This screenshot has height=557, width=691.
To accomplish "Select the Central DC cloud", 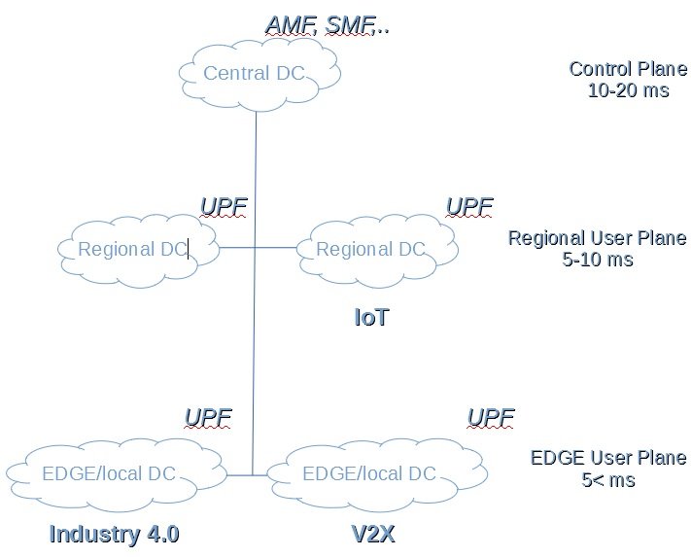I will click(x=255, y=74).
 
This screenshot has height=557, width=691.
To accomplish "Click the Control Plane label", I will click(x=628, y=70).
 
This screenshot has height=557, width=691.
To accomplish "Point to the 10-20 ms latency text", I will click(x=628, y=91).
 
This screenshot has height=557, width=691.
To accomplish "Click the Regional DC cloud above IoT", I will click(x=370, y=250).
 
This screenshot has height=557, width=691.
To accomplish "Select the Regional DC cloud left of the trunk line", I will click(x=132, y=250).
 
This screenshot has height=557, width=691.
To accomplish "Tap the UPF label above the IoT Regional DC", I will click(x=468, y=206).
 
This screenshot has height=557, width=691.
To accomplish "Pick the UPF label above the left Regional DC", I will click(x=223, y=206).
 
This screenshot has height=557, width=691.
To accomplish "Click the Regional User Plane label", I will click(x=597, y=239).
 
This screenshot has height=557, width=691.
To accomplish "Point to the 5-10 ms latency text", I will click(x=597, y=261).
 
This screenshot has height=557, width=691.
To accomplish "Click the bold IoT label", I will click(x=371, y=318).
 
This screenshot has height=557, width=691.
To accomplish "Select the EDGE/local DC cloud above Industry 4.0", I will click(x=109, y=474).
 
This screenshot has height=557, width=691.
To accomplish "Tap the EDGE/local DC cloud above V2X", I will click(x=369, y=474).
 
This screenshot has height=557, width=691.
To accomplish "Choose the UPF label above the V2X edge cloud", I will click(x=491, y=418).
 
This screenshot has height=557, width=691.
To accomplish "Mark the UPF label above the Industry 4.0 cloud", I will click(x=208, y=418).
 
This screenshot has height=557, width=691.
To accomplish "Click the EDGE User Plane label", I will click(x=608, y=459).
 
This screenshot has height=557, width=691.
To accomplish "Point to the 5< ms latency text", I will click(x=608, y=480).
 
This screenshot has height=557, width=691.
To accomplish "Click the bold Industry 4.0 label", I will click(x=114, y=535).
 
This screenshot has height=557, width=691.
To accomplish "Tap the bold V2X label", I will click(x=372, y=535).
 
